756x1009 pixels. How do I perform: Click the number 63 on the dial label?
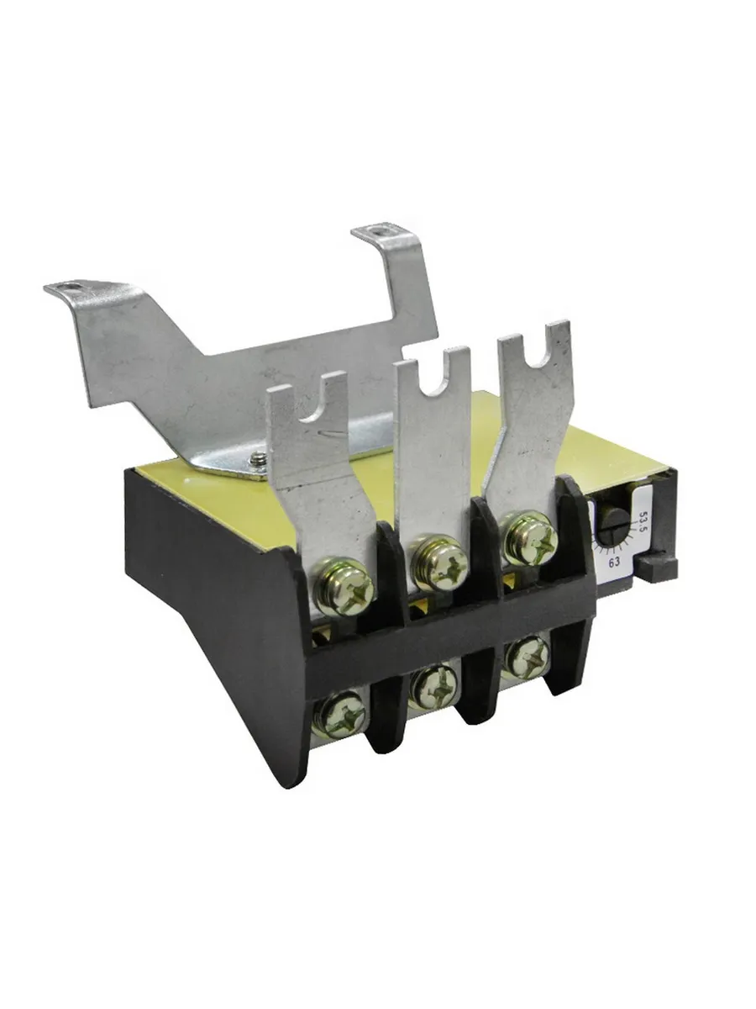(615, 562)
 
